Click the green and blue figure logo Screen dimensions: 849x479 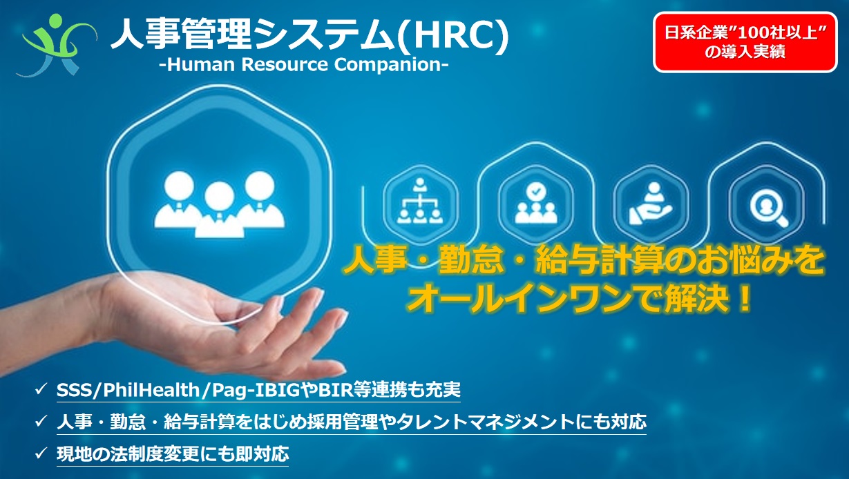[57, 45]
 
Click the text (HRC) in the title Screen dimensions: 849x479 [454, 35]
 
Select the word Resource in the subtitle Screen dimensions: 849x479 [285, 64]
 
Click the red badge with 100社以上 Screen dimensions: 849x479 [745, 42]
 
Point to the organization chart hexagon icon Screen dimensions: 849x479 [419, 204]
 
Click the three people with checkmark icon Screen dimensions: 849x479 [536, 204]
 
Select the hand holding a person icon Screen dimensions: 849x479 [651, 204]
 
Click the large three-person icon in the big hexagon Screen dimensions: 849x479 [220, 204]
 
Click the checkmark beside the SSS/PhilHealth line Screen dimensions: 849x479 [41, 389]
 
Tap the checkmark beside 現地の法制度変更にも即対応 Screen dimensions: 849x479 [41, 453]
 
